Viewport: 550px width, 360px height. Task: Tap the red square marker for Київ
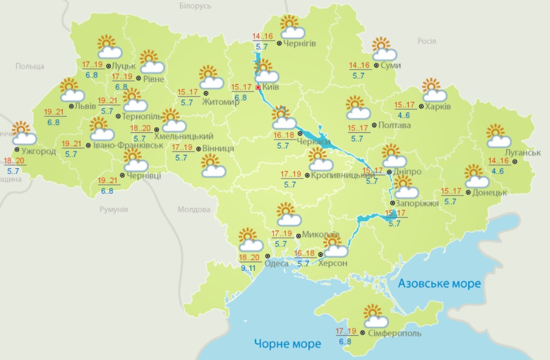tap(259, 88)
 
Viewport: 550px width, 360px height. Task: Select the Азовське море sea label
tap(439, 283)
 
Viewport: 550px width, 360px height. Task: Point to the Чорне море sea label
tap(287, 343)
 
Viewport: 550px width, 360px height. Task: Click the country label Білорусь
tap(195, 6)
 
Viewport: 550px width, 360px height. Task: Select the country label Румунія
tap(113, 209)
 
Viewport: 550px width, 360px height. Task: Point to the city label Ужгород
tap(38, 152)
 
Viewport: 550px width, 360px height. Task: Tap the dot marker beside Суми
tap(376, 66)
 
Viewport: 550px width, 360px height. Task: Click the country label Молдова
tap(194, 209)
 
